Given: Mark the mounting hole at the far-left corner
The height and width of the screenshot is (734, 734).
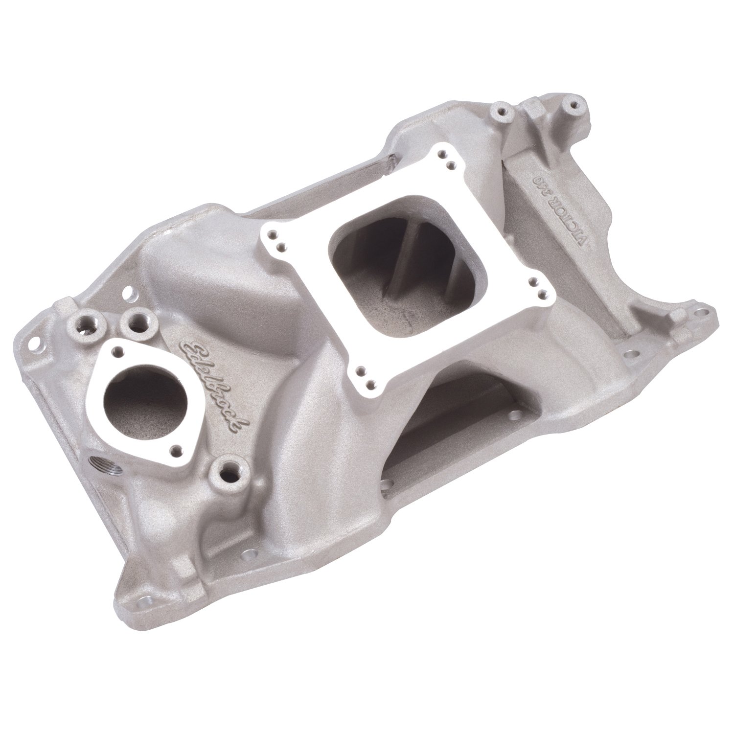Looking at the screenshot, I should [35, 339].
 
